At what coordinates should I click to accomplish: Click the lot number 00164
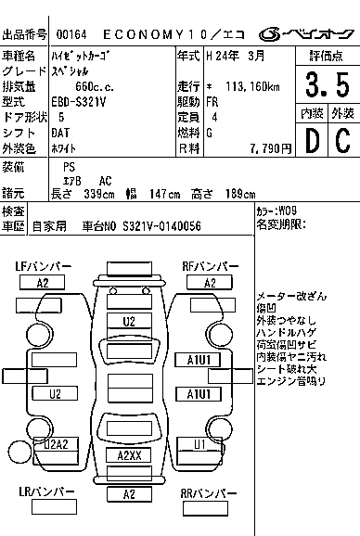(70, 34)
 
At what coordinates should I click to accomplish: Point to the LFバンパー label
(44, 267)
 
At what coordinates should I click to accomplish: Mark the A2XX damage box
(129, 454)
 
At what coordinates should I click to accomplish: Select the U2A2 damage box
(58, 444)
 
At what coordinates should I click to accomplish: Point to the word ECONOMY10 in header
(160, 34)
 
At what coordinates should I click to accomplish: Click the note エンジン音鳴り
(291, 379)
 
